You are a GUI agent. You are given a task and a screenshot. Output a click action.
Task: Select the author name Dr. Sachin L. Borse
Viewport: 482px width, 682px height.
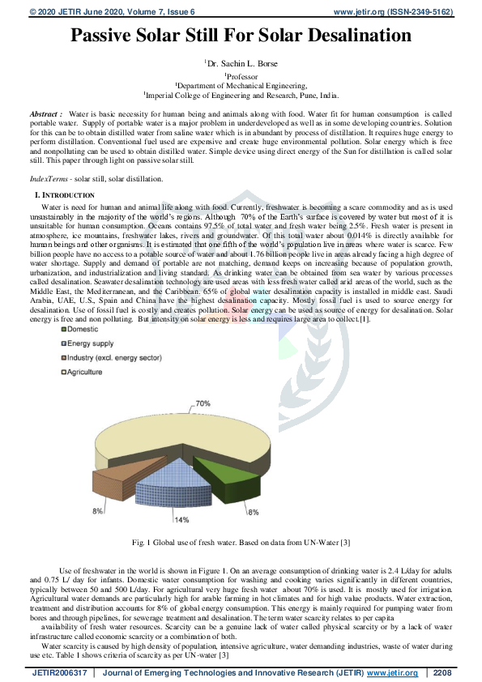tap(241, 62)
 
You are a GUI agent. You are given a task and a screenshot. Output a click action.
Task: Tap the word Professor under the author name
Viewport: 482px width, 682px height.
tap(241, 75)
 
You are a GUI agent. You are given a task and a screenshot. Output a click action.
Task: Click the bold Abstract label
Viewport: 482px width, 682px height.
tap(46, 115)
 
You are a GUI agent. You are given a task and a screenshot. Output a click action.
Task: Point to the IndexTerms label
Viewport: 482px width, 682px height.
tap(49, 177)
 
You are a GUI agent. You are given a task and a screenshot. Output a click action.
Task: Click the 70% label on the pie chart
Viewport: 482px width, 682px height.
tap(203, 403)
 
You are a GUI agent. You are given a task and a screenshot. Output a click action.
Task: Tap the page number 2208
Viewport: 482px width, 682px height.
tap(442, 673)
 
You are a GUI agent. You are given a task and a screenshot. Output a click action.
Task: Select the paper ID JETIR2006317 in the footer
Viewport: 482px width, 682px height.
tap(58, 673)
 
